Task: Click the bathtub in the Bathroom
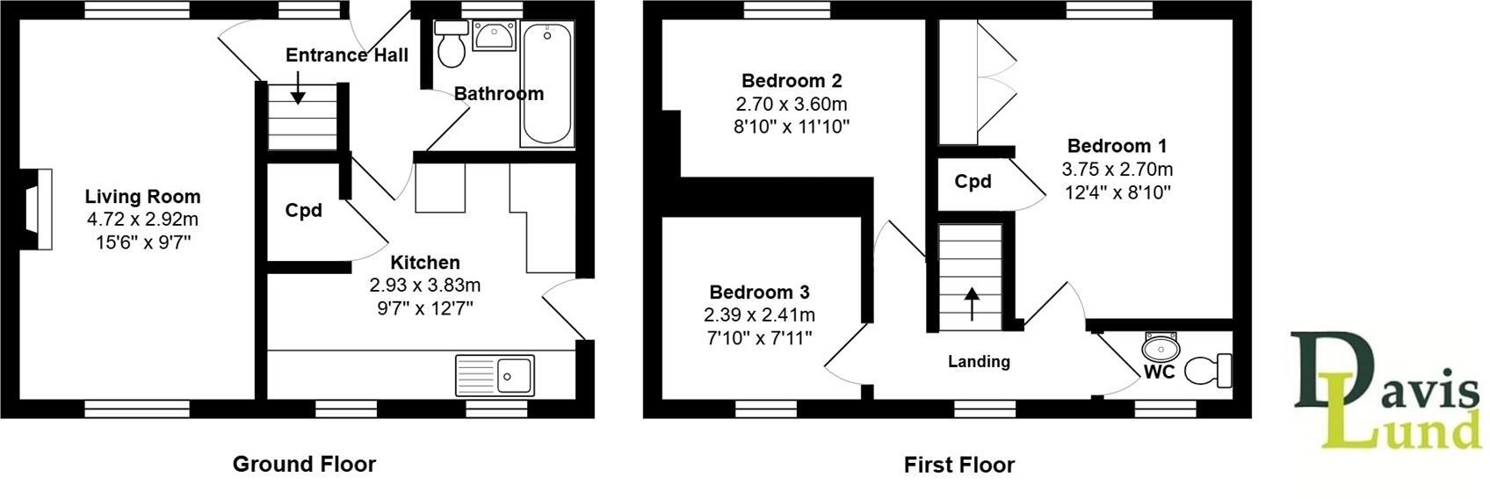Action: [546, 83]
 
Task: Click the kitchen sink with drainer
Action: [495, 375]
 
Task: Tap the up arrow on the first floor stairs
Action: [972, 304]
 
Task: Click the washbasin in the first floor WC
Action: [1160, 345]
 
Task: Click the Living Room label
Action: [142, 197]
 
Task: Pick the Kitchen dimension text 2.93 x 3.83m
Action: [425, 286]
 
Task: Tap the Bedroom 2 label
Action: [792, 81]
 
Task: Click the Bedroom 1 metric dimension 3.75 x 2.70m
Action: [1117, 170]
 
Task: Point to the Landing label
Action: [979, 361]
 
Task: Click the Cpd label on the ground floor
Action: [304, 211]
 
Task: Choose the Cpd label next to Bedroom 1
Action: [973, 182]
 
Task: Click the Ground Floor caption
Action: [304, 464]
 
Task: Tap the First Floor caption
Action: [958, 465]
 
